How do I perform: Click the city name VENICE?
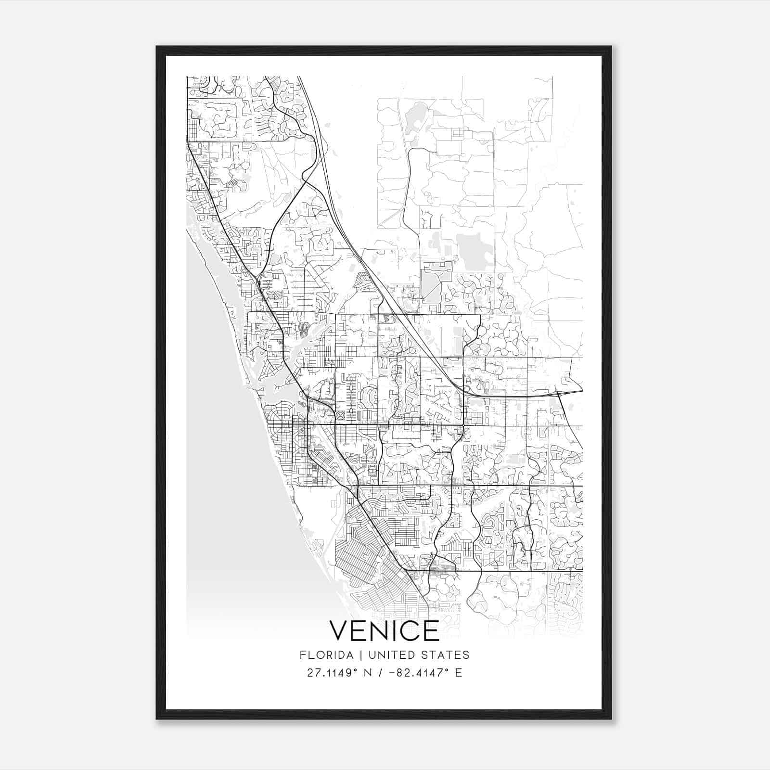(384, 630)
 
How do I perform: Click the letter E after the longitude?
(459, 672)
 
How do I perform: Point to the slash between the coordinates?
(380, 672)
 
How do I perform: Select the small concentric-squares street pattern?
(341, 414)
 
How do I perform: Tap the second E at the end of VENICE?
(432, 630)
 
